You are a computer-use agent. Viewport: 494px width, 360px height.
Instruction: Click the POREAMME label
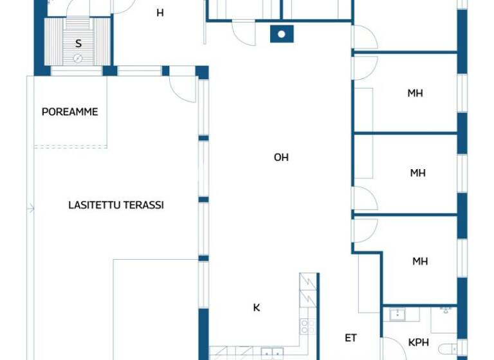coord(69,112)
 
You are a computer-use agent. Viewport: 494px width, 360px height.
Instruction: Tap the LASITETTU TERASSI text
coord(116,205)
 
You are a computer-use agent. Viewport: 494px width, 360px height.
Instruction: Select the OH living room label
coord(281,157)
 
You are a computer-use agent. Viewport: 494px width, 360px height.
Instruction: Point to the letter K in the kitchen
coord(257,308)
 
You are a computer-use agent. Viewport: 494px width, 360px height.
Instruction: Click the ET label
coord(351,338)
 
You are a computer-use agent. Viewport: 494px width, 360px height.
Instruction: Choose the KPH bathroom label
coord(419,343)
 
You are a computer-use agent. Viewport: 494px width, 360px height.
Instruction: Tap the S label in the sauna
coord(78,44)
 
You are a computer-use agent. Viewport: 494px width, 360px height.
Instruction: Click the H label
coord(160,12)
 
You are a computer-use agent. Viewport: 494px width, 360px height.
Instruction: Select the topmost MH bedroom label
coord(415,93)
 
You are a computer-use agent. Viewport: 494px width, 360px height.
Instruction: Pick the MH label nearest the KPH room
coord(420,262)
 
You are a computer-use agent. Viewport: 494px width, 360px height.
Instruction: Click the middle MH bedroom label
coord(418,173)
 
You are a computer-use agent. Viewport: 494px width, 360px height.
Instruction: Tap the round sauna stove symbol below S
coord(78,59)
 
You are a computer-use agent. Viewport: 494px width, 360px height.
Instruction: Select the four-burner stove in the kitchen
coord(307,326)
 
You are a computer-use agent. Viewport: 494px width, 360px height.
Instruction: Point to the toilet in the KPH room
coord(447,350)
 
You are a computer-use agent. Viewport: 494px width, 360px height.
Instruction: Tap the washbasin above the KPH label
coord(397,314)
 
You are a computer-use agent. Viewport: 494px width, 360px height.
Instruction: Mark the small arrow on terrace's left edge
coord(30,208)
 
